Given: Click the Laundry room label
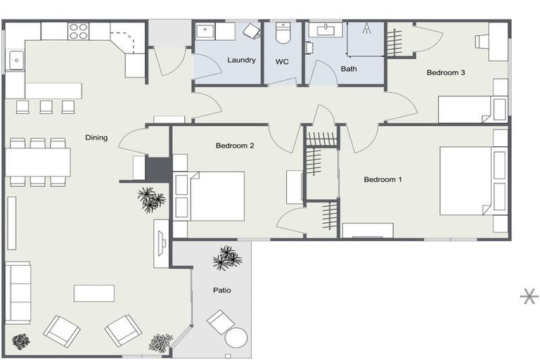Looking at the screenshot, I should (x=241, y=60).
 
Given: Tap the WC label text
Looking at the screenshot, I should (x=282, y=62).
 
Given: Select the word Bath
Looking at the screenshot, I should (x=349, y=69).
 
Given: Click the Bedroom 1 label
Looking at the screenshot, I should (x=382, y=179).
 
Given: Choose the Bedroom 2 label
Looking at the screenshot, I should (x=234, y=146).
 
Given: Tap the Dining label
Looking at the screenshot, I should (x=96, y=138).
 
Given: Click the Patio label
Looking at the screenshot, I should (x=222, y=290).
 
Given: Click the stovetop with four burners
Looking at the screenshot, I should (x=78, y=32).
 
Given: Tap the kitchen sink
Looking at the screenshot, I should (x=15, y=60).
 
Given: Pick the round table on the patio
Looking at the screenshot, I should (x=237, y=338).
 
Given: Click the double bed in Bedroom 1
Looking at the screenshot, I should (x=465, y=180).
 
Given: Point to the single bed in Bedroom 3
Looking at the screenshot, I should (x=465, y=110).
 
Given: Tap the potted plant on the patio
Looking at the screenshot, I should (x=226, y=258).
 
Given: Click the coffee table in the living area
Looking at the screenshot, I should (x=94, y=292).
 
